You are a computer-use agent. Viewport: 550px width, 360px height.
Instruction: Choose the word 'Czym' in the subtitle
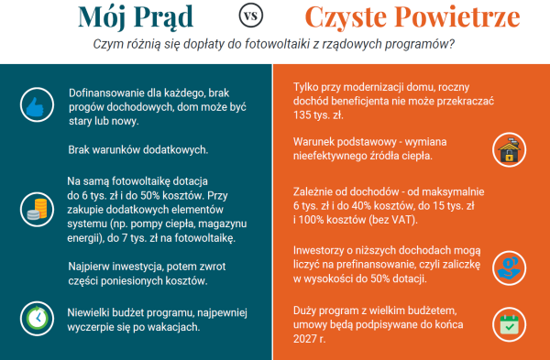[x=110, y=45]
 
